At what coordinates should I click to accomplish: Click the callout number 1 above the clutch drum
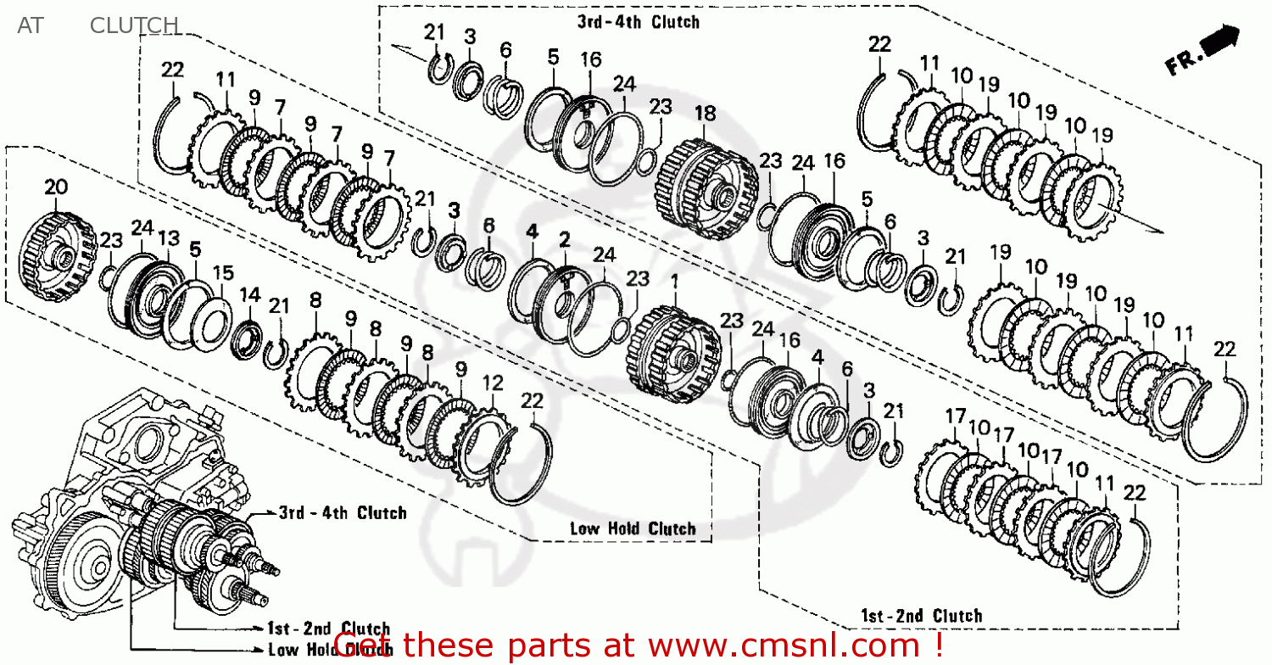[675, 280]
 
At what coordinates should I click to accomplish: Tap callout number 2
[564, 239]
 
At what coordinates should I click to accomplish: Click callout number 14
[248, 294]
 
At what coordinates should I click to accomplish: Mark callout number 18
[705, 114]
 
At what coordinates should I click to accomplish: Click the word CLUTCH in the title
[134, 25]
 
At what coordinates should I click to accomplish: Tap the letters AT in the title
[30, 25]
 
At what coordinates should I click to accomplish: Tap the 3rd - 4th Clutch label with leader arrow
[343, 512]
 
